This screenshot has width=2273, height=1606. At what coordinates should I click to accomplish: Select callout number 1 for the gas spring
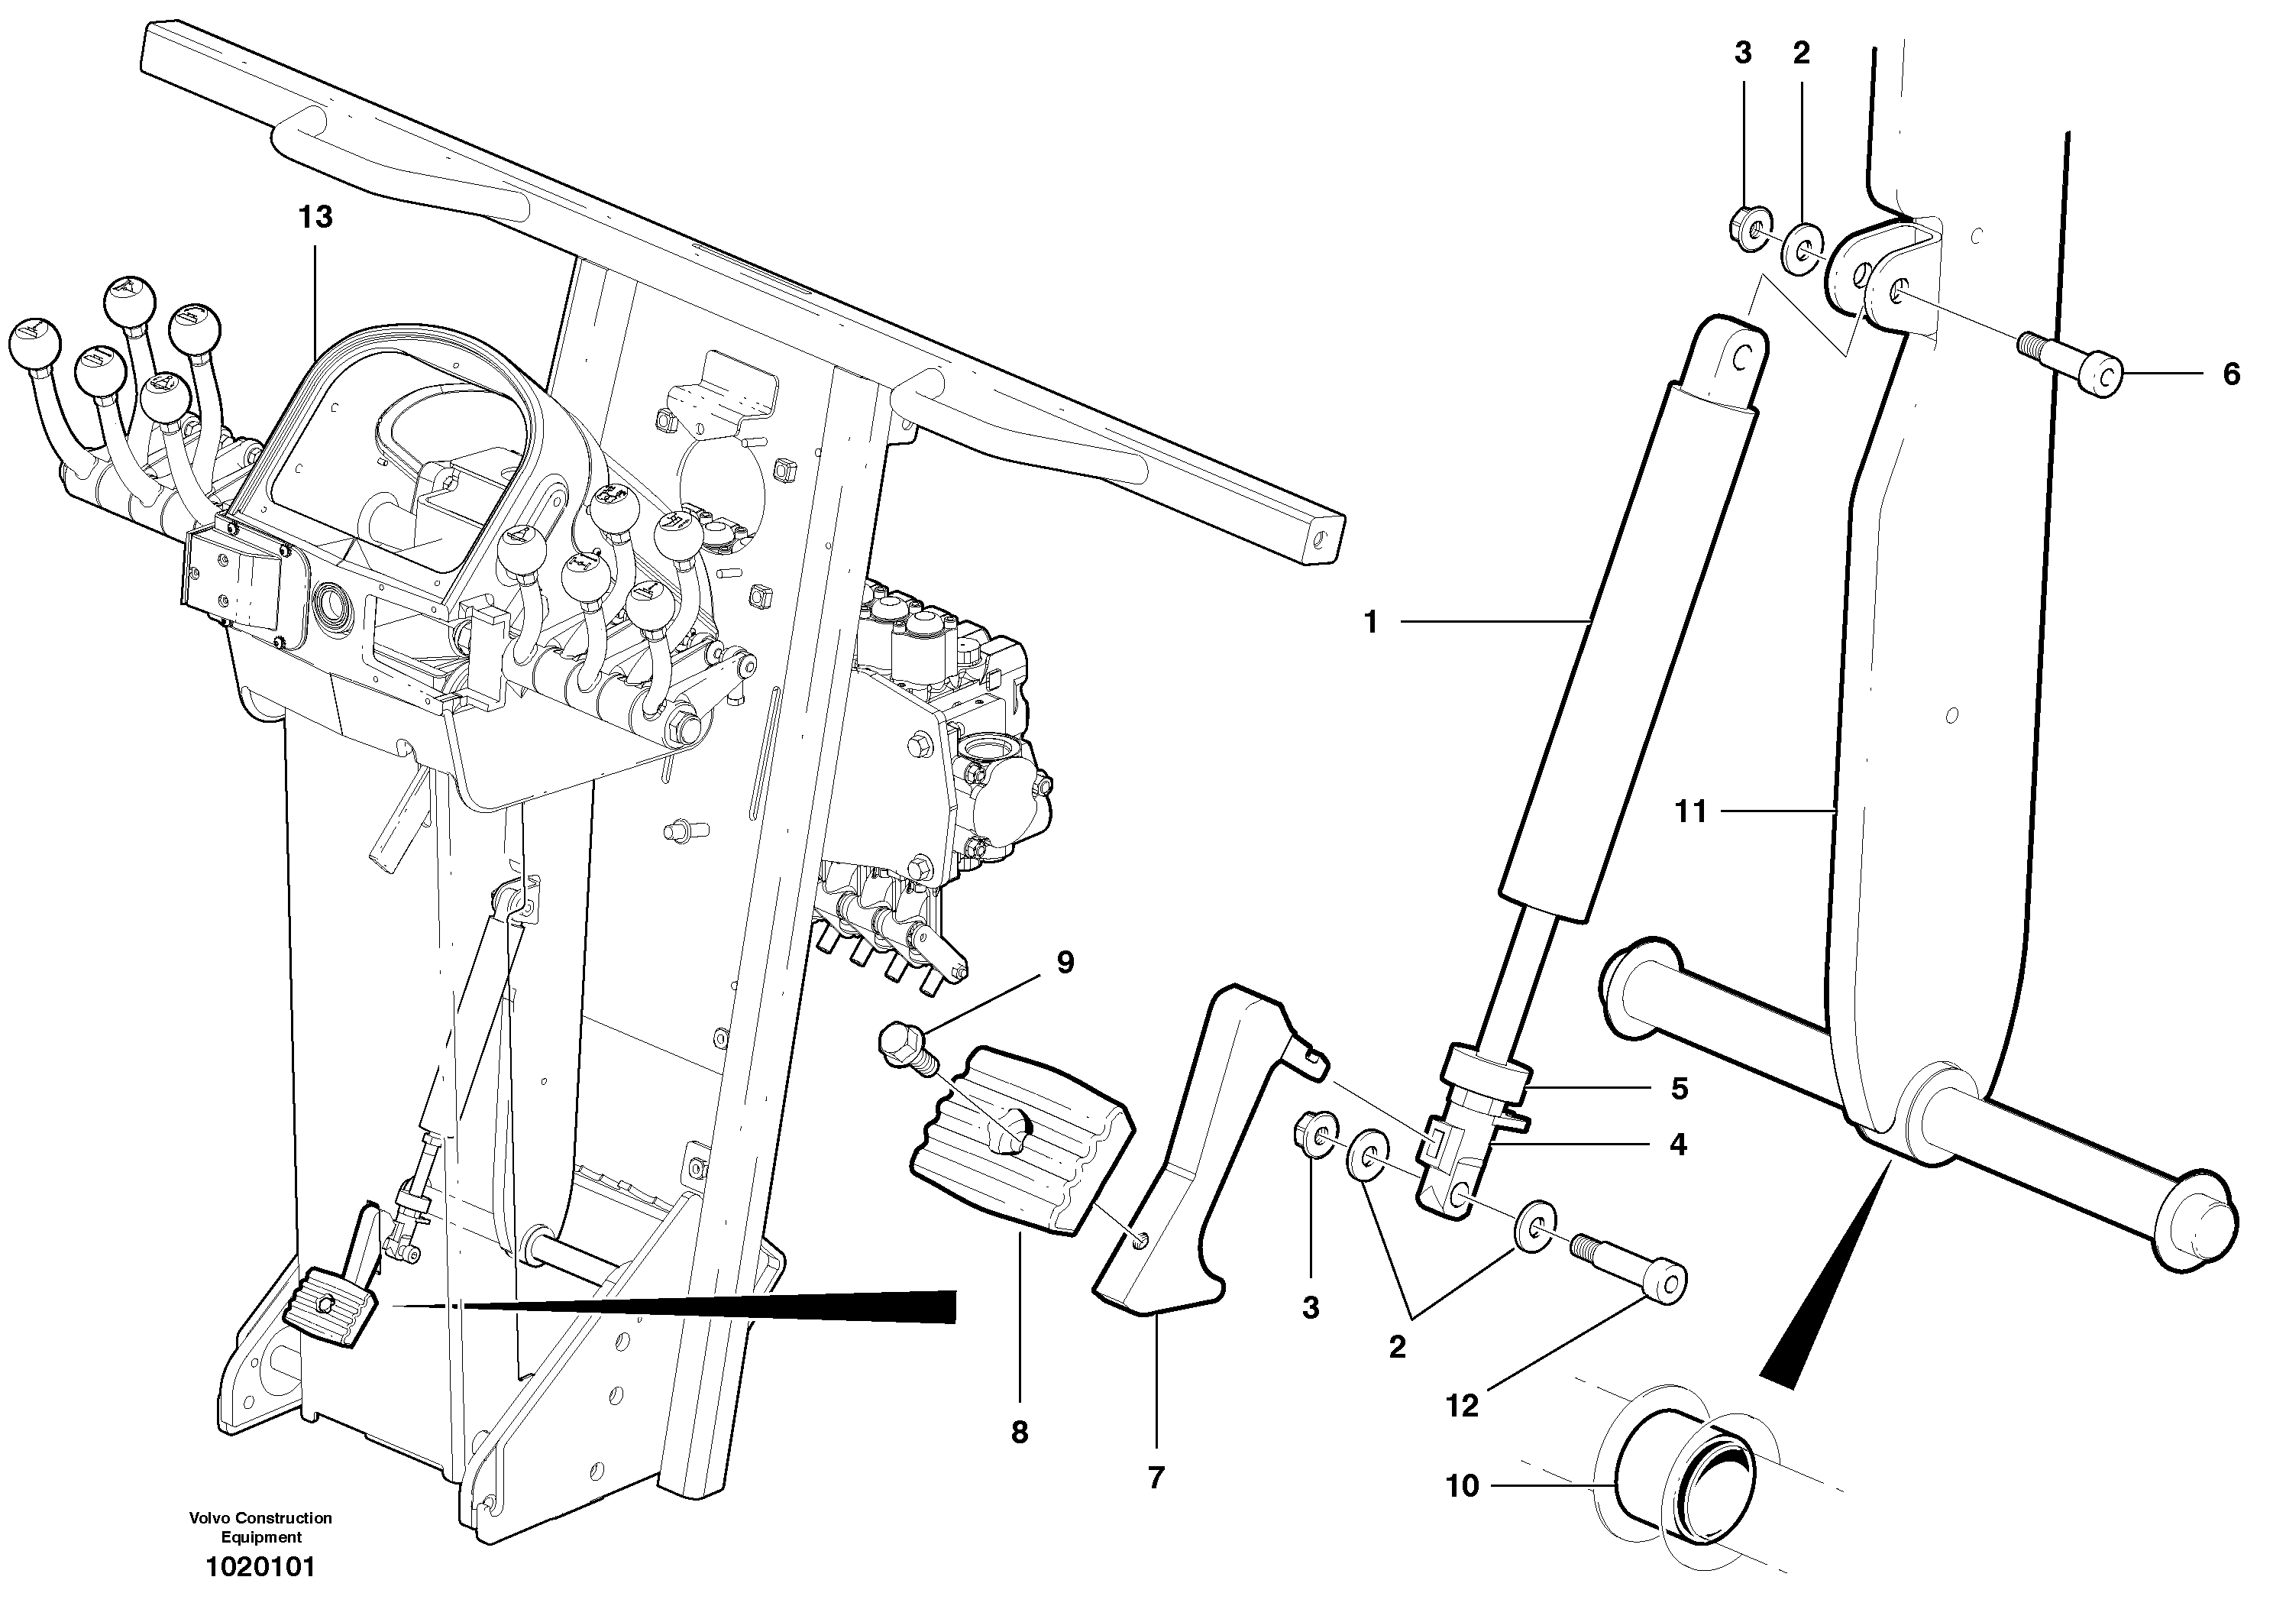[1371, 623]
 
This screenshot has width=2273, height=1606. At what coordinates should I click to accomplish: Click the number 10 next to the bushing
[1462, 1486]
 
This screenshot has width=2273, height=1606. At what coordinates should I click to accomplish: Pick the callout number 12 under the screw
[1462, 1406]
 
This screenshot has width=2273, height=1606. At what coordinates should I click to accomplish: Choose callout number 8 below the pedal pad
[1020, 1432]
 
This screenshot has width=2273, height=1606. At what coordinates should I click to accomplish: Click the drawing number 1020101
[260, 1567]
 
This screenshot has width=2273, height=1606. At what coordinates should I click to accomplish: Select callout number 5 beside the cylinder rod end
[1679, 1090]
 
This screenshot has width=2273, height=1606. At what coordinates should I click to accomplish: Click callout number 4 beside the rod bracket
[1677, 1145]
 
